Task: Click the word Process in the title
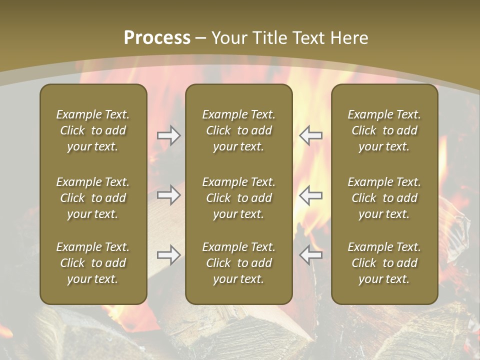157,38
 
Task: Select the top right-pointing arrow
168,135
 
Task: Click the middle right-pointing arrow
168,195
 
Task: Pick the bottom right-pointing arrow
168,255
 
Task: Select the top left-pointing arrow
310,135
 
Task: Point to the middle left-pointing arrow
310,195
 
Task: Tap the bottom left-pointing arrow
310,255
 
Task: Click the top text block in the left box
93,130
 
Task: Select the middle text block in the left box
93,198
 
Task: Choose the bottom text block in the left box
93,263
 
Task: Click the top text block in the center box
238,130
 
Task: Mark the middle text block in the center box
238,198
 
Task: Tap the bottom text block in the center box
238,263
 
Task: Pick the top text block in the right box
384,130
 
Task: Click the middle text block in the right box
384,198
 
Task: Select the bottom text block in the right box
384,263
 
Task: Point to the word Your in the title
228,38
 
